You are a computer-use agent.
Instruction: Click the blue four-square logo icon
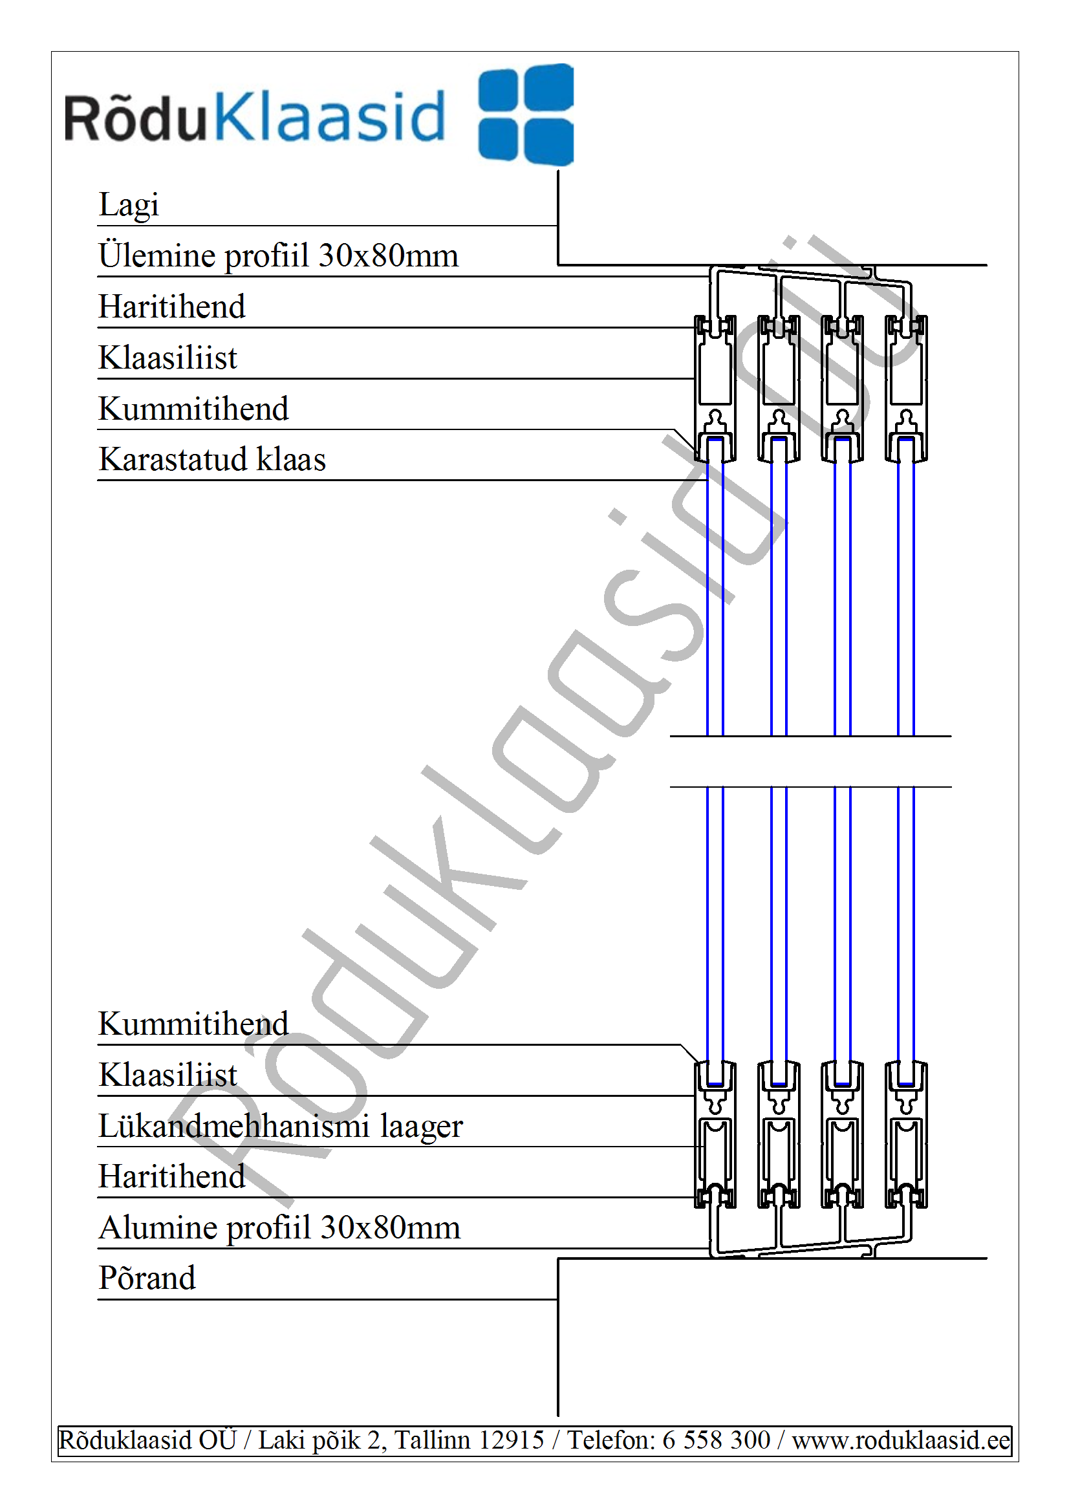coord(526,114)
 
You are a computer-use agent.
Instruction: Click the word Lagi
coord(129,205)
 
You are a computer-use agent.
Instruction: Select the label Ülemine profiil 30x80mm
coord(279,255)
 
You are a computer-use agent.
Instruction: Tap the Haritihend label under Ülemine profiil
coord(172,307)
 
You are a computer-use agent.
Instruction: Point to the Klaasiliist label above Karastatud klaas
coord(168,358)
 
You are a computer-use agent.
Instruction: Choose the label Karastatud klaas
coord(212,459)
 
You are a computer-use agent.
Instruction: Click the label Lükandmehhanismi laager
coord(281,1125)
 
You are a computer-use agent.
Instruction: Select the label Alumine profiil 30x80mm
coord(280,1227)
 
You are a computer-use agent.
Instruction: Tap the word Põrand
coord(147,1279)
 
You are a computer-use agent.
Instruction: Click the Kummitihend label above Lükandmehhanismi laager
coord(193,1024)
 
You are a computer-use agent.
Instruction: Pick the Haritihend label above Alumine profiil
coord(172,1176)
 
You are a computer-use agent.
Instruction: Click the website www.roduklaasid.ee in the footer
coord(901,1440)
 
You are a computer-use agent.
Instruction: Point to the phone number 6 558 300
coord(716,1440)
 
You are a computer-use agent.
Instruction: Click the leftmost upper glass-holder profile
coord(715,389)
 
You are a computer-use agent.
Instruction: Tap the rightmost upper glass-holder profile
coord(906,389)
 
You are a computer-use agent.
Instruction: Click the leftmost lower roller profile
coord(715,1134)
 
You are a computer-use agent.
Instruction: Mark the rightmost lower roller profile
coord(906,1134)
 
